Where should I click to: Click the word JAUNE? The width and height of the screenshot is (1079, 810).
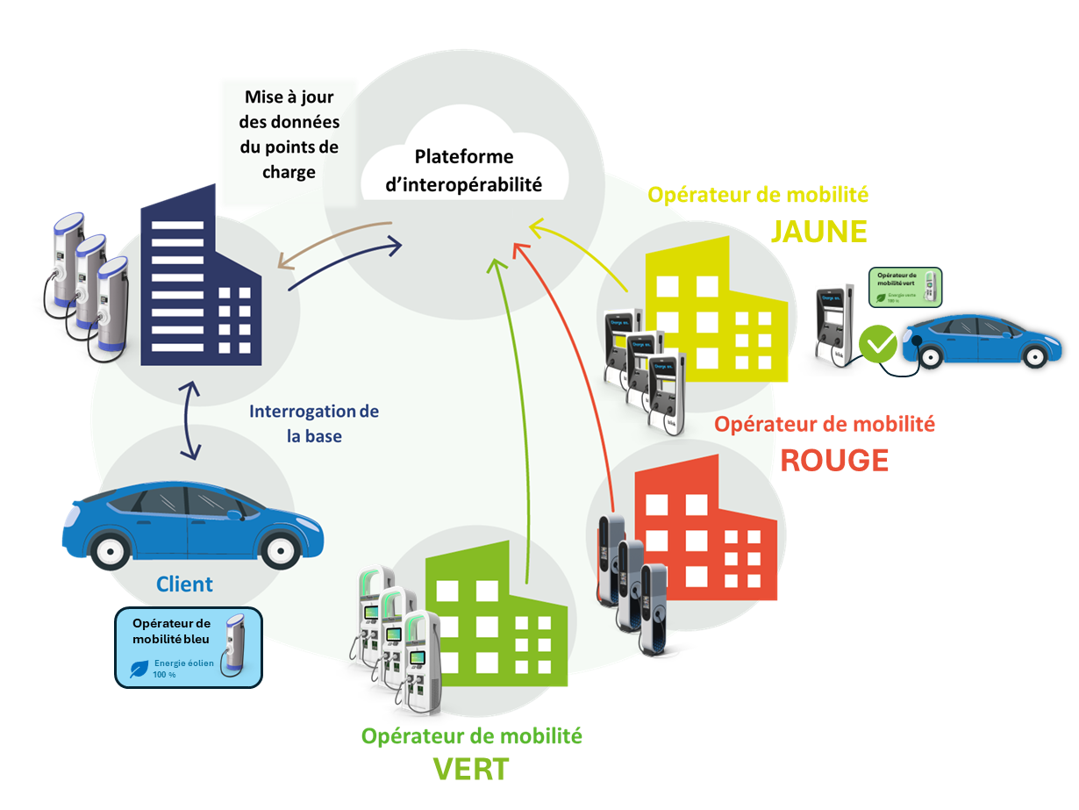pos(818,231)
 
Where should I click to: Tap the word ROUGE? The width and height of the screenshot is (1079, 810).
pos(834,460)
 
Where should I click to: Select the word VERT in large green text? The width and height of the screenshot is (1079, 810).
pos(471,769)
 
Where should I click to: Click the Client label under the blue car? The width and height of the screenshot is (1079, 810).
pos(184,584)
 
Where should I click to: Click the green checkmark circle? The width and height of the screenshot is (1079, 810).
pos(878,344)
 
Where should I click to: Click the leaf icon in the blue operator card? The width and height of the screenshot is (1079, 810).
pos(139,670)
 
